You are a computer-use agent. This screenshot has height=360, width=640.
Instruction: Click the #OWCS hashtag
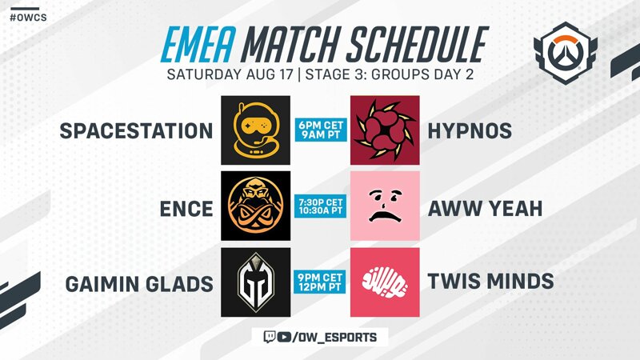(28, 18)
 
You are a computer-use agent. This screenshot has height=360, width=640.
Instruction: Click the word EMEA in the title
(198, 44)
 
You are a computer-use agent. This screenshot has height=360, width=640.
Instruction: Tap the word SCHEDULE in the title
(419, 44)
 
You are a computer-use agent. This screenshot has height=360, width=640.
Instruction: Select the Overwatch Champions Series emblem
(566, 53)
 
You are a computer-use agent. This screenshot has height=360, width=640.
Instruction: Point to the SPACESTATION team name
(136, 131)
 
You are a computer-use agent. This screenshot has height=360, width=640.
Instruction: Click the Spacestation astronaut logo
(255, 130)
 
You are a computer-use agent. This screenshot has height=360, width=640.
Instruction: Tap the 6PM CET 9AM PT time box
(321, 130)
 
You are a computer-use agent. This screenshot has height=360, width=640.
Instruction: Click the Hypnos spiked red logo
(385, 130)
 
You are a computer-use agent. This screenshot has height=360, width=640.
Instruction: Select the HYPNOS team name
(470, 131)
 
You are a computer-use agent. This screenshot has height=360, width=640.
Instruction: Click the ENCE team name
(186, 209)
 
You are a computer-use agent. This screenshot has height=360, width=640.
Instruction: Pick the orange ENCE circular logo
(255, 206)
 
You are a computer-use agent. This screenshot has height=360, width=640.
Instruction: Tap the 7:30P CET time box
(321, 206)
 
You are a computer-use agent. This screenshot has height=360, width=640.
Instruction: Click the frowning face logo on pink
(385, 206)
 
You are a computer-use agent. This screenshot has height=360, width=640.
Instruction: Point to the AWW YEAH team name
(486, 209)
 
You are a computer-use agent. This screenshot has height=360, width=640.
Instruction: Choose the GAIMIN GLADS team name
(139, 284)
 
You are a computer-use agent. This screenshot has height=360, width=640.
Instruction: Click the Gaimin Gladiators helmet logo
(255, 282)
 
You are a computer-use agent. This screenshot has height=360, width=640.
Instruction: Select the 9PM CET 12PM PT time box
(320, 282)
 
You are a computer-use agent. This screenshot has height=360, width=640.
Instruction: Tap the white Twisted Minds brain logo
(385, 282)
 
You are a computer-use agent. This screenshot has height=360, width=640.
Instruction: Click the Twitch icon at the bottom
(270, 337)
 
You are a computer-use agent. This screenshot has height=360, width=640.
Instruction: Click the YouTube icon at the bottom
(285, 337)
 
